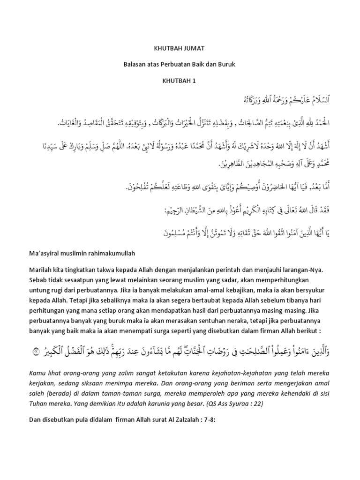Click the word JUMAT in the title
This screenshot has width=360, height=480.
(x=194, y=48)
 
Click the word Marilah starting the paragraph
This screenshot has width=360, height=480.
(x=38, y=270)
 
